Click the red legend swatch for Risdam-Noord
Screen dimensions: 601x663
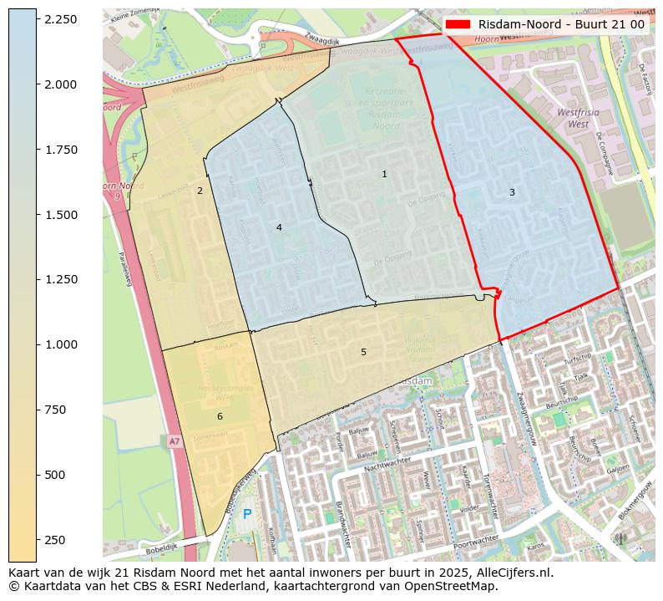(x=458, y=24)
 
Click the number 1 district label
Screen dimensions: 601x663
(x=384, y=175)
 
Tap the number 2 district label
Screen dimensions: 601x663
(x=200, y=191)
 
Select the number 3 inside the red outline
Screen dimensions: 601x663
(x=512, y=193)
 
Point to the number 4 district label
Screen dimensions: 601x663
(x=279, y=227)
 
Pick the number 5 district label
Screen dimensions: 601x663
(x=363, y=352)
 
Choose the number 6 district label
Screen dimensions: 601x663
(x=220, y=416)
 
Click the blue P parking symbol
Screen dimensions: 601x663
(x=247, y=514)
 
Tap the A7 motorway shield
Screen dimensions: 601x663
(x=174, y=441)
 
